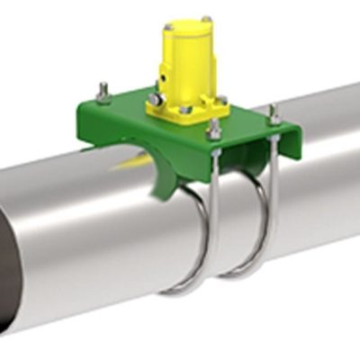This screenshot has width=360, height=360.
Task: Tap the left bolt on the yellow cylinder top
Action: click(x=168, y=28)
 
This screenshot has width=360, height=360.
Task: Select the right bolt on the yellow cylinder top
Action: click(x=206, y=19)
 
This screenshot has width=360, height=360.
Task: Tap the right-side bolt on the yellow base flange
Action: click(x=221, y=99)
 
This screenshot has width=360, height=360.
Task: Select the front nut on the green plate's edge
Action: click(x=214, y=131)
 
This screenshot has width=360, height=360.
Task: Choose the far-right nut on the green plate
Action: click(x=274, y=115)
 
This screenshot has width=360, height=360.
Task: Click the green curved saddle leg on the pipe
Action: click(x=160, y=181)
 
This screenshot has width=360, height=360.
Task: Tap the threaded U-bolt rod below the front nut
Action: click(x=214, y=157)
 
